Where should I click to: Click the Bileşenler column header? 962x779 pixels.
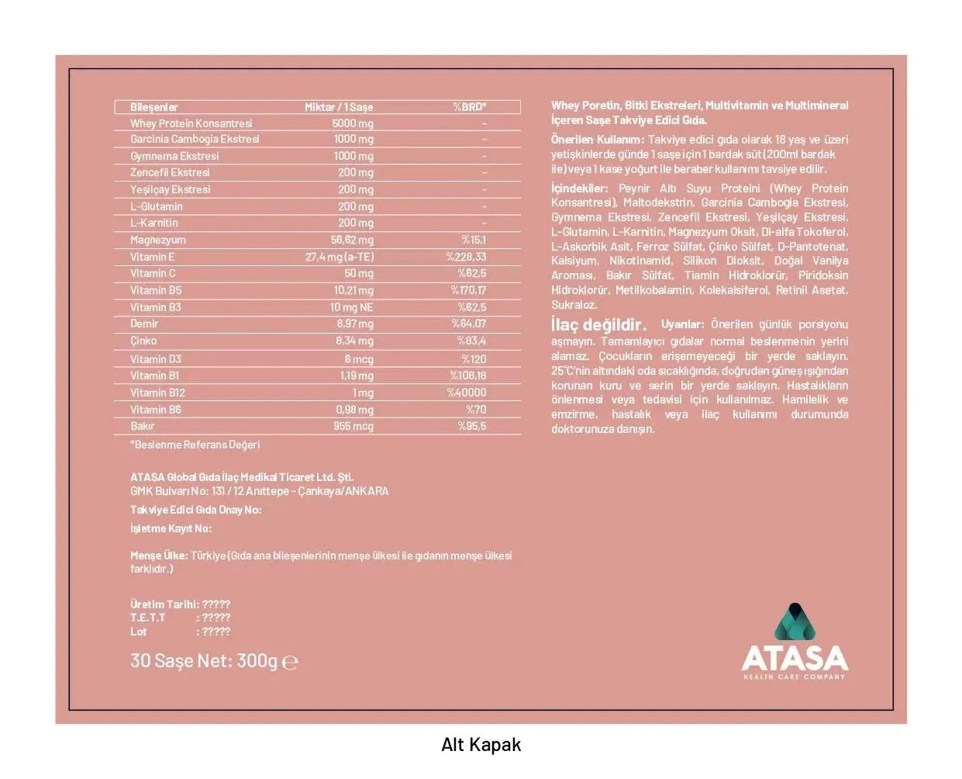(x=154, y=107)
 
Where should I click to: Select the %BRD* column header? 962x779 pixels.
(x=470, y=107)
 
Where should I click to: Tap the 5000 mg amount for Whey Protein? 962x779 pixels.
(x=353, y=123)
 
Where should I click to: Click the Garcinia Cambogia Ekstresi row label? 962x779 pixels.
(x=195, y=140)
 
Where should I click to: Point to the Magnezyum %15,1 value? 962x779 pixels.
(x=474, y=240)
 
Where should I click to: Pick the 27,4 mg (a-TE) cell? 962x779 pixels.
(x=340, y=257)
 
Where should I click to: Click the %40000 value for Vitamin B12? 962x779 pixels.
(x=467, y=393)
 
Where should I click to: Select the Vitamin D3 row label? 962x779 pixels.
(x=155, y=359)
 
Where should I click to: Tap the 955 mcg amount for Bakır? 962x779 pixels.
(x=353, y=426)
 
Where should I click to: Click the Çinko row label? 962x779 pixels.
(x=143, y=341)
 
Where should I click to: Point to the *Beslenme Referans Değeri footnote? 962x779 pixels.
(x=195, y=445)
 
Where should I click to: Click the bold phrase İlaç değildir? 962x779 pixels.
(x=598, y=325)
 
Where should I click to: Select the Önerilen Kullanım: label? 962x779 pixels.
(x=597, y=140)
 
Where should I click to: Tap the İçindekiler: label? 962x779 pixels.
(x=580, y=189)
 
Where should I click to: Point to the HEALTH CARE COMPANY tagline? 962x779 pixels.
(x=795, y=677)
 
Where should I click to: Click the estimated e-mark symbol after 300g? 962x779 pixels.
(x=290, y=663)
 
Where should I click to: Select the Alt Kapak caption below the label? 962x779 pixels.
(x=481, y=745)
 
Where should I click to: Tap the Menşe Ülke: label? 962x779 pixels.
(x=159, y=556)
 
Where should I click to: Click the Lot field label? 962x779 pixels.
(x=139, y=632)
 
